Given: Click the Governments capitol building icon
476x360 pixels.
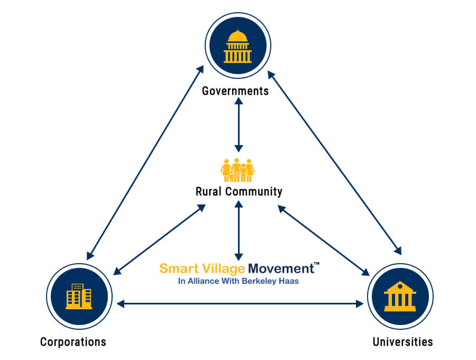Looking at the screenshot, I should click(237, 46).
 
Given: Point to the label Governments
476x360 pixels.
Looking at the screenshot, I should click(235, 91).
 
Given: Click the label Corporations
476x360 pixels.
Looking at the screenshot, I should click(73, 341).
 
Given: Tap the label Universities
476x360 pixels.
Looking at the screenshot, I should click(402, 341).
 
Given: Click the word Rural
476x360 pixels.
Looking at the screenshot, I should click(209, 191).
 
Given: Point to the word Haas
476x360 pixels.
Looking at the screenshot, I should click(290, 282).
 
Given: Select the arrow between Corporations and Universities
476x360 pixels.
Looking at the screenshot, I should click(240, 304).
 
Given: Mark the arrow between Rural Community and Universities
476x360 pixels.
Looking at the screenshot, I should click(324, 241).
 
